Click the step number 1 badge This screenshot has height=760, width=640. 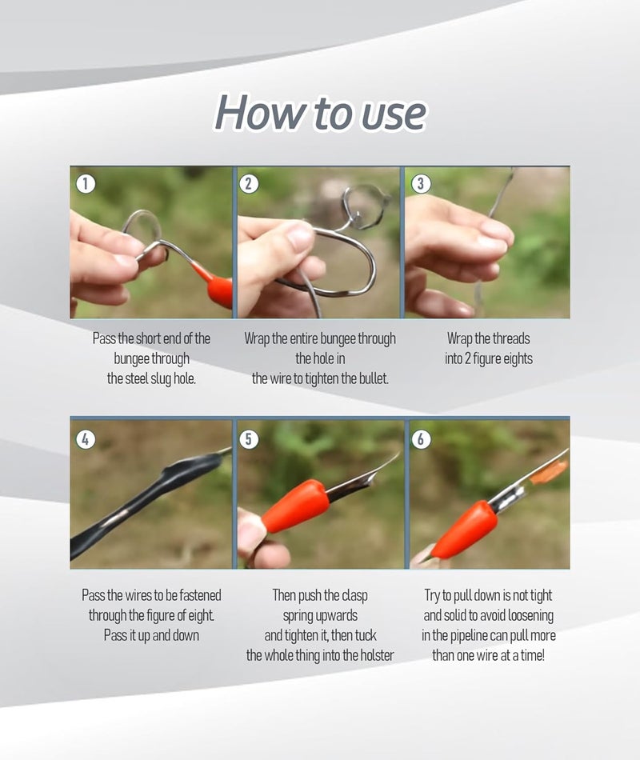(86, 184)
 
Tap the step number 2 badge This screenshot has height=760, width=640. (249, 184)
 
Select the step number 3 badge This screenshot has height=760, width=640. (420, 184)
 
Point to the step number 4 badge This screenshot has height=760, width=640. (86, 439)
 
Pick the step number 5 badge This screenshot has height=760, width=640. (249, 439)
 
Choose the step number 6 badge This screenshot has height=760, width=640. (420, 439)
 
